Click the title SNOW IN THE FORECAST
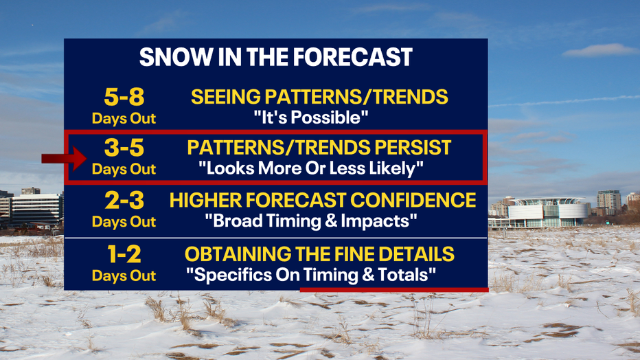pos(276,57)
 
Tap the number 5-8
pos(124,97)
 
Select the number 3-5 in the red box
pos(124,147)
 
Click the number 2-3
pos(124,201)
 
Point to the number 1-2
pos(124,254)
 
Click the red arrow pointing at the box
pos(64,159)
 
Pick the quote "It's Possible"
pos(311,117)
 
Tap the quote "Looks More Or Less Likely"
pos(311,168)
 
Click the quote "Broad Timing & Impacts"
pos(311,221)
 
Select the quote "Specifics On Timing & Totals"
pos(311,275)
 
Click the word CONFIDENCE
pos(413,201)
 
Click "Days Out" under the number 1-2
pos(124,276)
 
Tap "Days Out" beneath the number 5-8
pos(124,118)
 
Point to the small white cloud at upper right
pos(599,49)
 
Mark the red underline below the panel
pos(394,290)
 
